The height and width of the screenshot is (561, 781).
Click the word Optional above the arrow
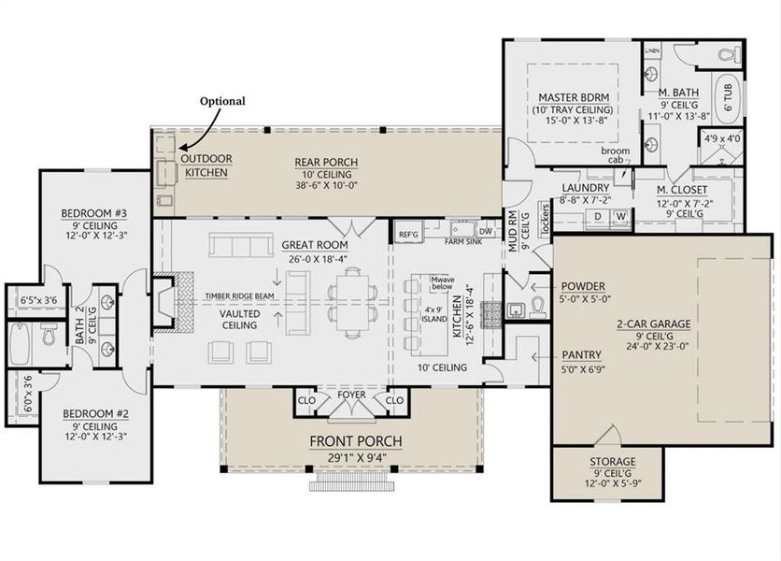223,101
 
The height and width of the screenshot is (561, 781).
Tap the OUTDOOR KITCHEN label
207,165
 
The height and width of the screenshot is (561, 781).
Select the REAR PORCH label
326,163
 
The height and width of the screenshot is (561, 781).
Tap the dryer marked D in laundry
597,216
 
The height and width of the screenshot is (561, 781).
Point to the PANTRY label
581,355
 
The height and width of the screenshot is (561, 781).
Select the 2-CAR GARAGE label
651,324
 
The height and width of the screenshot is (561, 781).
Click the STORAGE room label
612,462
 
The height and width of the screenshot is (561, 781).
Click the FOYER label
351,395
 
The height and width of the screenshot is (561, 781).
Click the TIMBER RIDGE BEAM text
237,296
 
